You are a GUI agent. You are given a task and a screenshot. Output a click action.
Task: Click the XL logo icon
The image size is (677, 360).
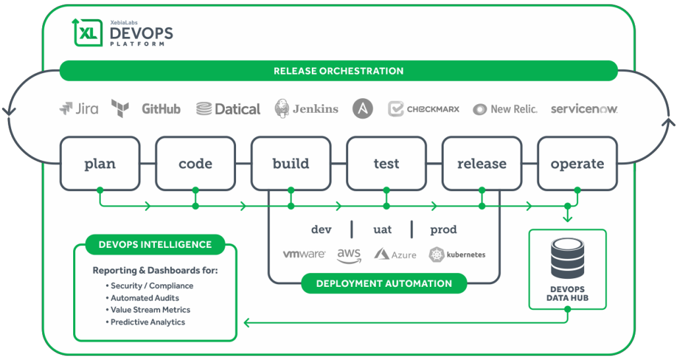pos(88,32)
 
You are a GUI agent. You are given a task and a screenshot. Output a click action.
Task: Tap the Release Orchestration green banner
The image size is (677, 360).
pos(339,71)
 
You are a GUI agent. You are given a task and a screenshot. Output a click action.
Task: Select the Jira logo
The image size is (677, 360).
pos(79,109)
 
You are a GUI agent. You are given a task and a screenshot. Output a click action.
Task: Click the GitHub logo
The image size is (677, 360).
pos(161,109)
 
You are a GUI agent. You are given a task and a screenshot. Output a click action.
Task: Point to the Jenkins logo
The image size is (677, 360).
pos(307,109)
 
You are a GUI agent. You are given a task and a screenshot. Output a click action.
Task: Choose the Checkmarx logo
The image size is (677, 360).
pos(424,109)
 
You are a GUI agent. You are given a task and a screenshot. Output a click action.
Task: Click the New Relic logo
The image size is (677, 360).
pos(505,109)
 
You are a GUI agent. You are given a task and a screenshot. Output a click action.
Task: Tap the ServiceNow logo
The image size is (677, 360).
pos(584,109)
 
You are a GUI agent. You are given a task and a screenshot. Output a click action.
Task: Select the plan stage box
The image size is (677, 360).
pos(100,164)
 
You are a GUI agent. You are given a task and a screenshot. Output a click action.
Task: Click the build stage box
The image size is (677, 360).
pos(291,164)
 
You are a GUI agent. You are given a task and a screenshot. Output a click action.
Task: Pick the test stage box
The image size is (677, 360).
pos(386,164)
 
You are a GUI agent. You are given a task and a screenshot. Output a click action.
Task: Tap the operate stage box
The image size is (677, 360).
pos(577,164)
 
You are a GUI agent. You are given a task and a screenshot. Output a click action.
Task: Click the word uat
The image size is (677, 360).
pos(382,229)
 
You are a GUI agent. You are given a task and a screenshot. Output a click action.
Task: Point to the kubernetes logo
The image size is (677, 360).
pos(457,255)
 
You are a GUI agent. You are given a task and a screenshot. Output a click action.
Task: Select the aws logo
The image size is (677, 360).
pos(349,255)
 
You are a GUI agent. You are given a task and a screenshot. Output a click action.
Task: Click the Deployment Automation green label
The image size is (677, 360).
pos(384,284)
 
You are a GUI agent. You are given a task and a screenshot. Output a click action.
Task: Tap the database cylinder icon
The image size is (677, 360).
pos(568,258)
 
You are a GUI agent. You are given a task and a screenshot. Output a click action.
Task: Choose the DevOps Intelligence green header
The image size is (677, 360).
pos(155,245)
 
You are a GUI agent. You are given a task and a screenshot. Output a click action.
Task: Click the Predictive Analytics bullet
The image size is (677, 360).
pos(146,322)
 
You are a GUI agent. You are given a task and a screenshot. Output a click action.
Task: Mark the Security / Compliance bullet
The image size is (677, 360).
pos(150,285)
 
